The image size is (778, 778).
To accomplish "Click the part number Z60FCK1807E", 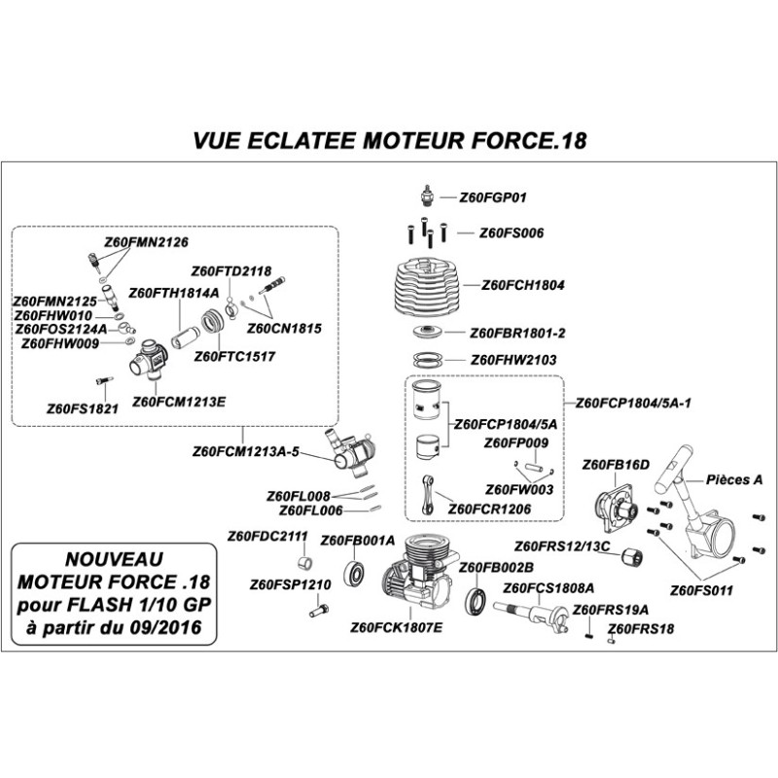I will click(396, 627).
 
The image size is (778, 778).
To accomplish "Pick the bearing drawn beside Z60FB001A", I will click(355, 572).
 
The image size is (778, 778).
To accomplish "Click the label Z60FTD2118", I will click(231, 270).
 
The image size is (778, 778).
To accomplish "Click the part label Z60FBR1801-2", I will click(517, 333).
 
